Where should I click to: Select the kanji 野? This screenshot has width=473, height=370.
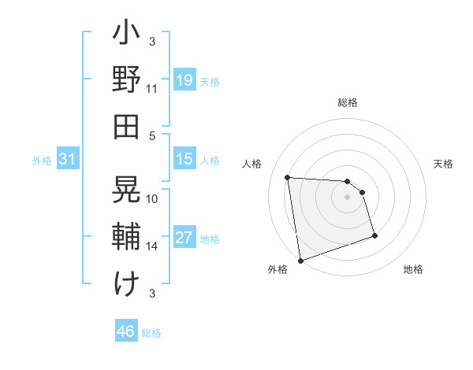coord(126,80)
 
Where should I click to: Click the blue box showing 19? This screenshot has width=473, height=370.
coord(184,80)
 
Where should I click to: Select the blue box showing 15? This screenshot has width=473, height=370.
coord(184,159)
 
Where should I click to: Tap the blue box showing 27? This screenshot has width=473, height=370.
coord(184,239)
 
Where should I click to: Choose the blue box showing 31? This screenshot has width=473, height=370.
coord(68,159)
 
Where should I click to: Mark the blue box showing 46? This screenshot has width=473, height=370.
coord(126,331)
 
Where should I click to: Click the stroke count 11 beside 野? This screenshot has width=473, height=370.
coord(152,89)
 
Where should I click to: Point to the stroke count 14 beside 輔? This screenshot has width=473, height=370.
coord(152,246)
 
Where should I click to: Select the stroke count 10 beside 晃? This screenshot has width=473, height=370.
coord(152,198)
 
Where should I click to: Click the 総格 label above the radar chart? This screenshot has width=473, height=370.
coord(348,102)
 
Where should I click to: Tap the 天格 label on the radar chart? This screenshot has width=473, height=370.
coord(444,164)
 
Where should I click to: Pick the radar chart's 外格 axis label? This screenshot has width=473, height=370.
coord(277,269)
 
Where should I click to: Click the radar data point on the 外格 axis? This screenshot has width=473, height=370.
coord(300,260)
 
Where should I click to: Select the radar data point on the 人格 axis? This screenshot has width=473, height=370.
coord(288,177)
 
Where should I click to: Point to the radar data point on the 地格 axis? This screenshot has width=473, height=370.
coord(374,235)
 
